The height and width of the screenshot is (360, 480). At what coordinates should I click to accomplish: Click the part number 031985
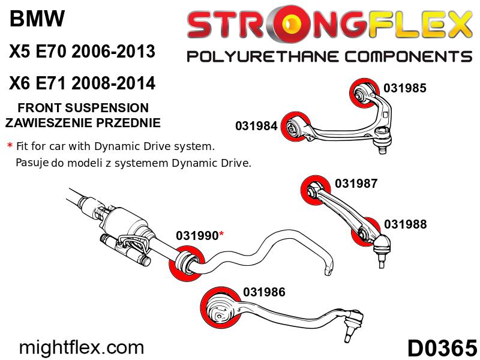404,88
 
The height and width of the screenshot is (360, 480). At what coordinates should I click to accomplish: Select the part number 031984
256,126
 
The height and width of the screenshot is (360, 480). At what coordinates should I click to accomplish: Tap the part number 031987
356,184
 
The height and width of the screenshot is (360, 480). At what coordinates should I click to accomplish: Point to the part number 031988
405,224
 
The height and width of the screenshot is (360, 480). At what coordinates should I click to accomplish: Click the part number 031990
197,236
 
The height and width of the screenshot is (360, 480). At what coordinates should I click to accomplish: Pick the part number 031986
264,292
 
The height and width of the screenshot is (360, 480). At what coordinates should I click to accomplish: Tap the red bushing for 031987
314,191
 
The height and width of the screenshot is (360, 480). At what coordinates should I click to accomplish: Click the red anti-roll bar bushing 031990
187,263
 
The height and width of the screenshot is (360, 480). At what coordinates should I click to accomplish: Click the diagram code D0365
442,347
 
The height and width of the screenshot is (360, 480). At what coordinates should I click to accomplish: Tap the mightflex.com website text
82,347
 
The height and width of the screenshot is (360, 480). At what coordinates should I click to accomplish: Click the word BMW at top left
37,20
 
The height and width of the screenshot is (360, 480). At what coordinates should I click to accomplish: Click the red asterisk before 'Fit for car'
10,146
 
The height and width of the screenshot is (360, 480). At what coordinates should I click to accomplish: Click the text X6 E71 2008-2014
82,83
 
